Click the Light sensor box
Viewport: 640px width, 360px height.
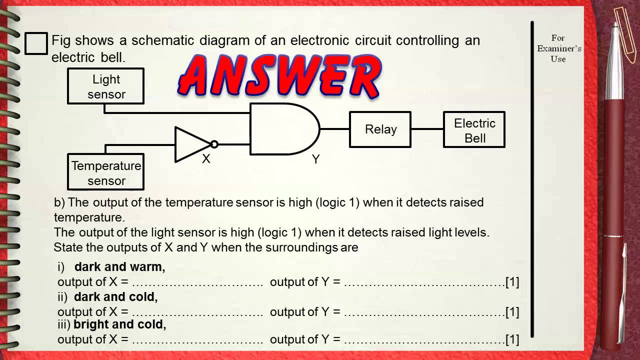click(106, 86)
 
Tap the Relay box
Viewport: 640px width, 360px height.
click(380, 129)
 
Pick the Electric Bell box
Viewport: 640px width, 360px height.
click(474, 130)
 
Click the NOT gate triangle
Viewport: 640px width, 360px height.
click(191, 144)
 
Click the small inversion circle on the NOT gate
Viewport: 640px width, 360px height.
click(214, 144)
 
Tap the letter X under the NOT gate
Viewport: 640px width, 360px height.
click(206, 159)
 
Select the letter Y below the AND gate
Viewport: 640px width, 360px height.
click(315, 159)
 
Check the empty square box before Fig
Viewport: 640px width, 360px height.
click(36, 43)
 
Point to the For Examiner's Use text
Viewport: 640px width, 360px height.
click(558, 48)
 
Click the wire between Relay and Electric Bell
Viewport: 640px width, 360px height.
click(427, 129)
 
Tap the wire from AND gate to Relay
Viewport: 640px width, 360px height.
click(334, 129)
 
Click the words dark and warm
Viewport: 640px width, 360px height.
click(119, 266)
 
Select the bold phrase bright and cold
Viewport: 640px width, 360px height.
click(119, 324)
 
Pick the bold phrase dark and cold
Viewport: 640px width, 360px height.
click(115, 296)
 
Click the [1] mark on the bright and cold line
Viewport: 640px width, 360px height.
click(512, 339)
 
